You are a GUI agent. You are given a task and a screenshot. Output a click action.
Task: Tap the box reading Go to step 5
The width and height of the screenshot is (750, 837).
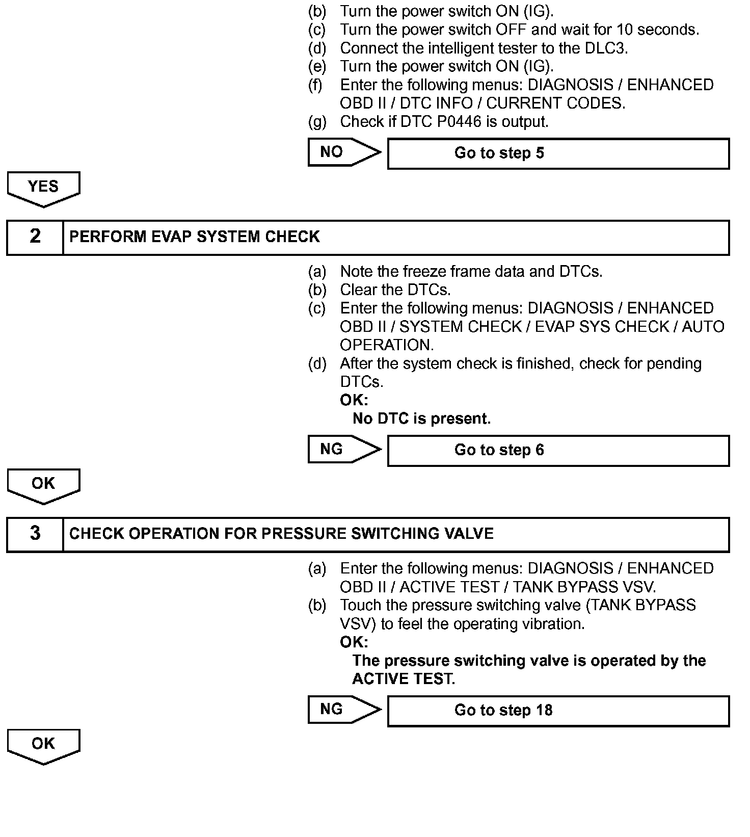[558, 153]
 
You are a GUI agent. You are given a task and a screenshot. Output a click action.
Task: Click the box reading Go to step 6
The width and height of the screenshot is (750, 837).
[558, 451]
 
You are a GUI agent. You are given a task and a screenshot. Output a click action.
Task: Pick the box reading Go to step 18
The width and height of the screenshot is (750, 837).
[558, 711]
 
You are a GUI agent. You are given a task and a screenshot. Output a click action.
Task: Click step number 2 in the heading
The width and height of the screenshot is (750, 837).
[35, 237]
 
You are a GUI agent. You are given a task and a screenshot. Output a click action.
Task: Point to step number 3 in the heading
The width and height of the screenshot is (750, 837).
[35, 534]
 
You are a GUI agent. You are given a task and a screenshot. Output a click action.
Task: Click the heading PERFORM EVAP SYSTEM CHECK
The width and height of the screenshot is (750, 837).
[195, 237]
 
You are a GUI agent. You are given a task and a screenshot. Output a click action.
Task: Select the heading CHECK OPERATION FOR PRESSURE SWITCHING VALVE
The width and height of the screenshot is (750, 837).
[281, 534]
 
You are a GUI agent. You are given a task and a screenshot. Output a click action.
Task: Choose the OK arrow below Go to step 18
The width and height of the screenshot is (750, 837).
[43, 745]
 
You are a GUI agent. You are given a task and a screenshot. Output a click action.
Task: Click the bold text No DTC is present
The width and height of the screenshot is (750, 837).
[421, 419]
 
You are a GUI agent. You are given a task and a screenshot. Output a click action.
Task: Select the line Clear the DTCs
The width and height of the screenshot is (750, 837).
[395, 290]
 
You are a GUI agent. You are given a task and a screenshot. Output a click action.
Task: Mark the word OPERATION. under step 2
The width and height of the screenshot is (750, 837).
[387, 345]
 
